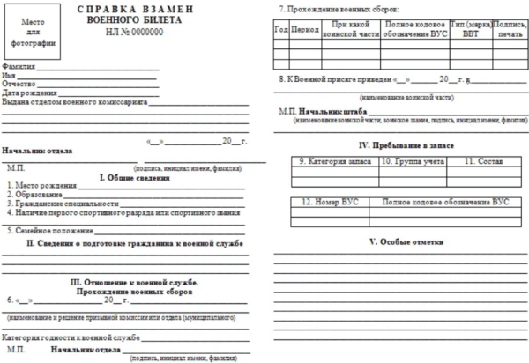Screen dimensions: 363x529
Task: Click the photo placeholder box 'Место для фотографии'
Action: click(x=33, y=32)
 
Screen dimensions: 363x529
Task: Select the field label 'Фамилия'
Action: click(x=19, y=67)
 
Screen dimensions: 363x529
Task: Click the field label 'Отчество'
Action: click(x=19, y=84)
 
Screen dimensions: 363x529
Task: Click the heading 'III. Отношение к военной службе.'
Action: click(x=134, y=282)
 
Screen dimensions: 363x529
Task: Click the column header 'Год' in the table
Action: click(x=281, y=29)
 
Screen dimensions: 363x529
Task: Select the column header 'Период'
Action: click(x=305, y=29)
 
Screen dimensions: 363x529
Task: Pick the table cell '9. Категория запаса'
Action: click(x=334, y=161)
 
